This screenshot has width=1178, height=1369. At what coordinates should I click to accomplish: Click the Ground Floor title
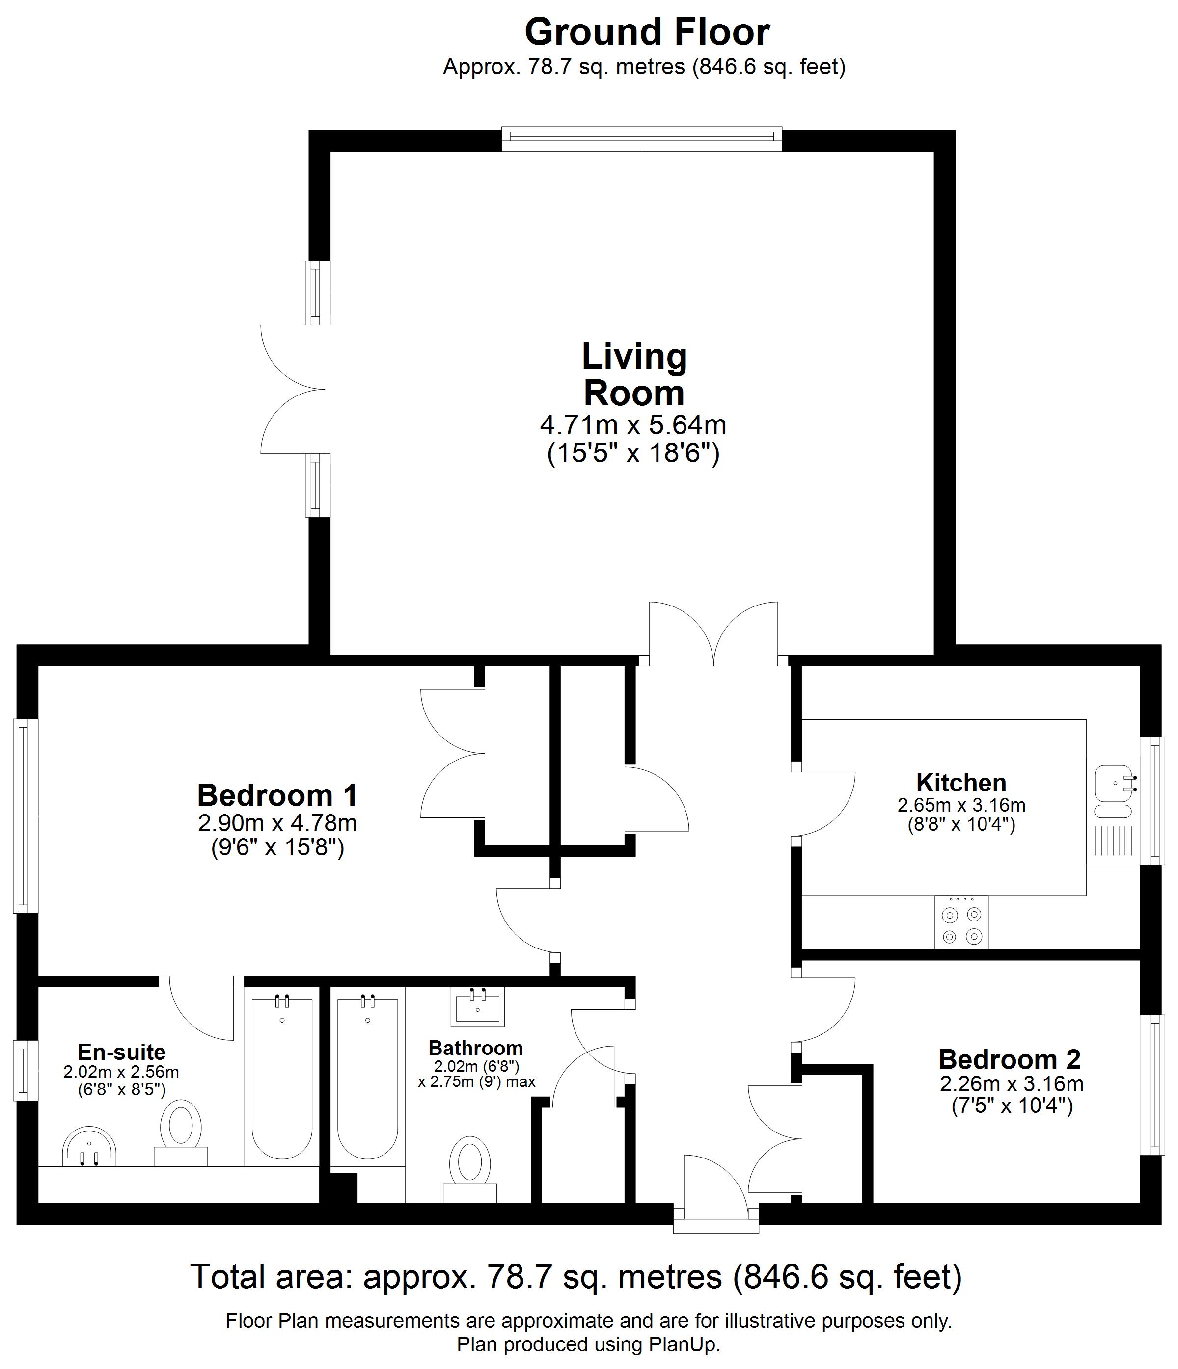click(647, 32)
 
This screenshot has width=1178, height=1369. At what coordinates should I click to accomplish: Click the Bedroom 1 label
click(277, 795)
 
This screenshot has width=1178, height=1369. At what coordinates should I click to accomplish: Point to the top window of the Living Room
click(641, 137)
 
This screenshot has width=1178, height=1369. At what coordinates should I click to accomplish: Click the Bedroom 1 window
click(25, 816)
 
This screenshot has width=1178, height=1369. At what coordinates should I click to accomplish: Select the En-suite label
click(122, 1051)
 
